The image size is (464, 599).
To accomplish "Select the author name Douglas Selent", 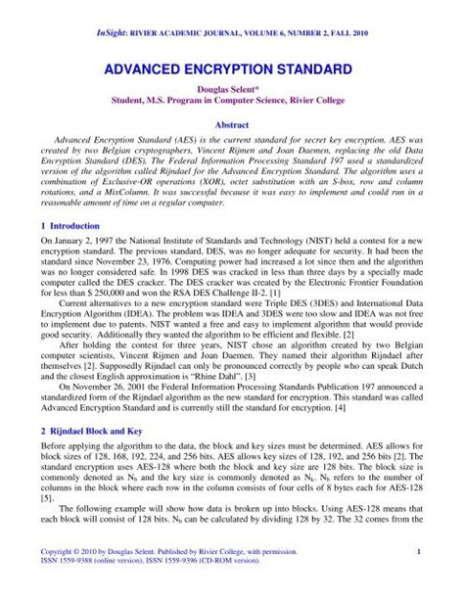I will coord(231,99).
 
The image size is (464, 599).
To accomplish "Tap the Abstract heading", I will coord(232,125).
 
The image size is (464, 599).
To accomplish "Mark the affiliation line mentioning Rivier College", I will coord(232,110).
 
